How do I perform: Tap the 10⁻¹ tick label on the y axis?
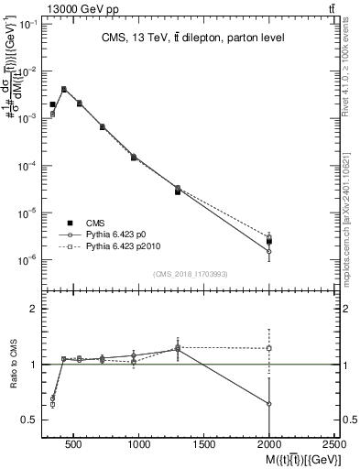[28, 25]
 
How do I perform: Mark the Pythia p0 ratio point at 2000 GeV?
[269, 403]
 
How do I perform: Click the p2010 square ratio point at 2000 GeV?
[269, 348]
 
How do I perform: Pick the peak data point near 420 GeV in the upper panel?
[63, 89]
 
